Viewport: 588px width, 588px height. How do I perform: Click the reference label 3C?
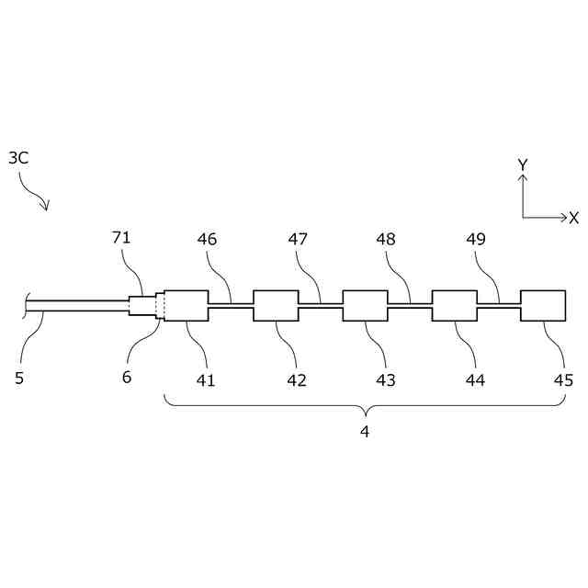18,158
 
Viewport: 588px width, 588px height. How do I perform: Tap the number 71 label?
121,238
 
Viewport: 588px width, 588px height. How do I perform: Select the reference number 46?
207,239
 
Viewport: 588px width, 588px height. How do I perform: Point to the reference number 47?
298,239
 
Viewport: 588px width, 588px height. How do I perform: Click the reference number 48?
386,239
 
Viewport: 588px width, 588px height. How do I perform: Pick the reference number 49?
475,239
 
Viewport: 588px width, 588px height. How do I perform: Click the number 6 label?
127,378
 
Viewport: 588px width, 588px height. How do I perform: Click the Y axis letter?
523,164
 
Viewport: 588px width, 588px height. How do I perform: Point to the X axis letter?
573,218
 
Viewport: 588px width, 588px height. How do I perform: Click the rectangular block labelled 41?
187,306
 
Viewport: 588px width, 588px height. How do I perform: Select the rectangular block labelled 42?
276,306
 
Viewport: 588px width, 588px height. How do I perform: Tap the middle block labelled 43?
365,306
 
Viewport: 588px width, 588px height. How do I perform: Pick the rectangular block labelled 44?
454,306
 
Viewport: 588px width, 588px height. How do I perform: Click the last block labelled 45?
543,306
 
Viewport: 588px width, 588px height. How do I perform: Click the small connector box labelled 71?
141,306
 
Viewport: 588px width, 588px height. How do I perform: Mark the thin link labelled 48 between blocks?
410,305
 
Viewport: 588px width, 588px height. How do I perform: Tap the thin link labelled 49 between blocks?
499,305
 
